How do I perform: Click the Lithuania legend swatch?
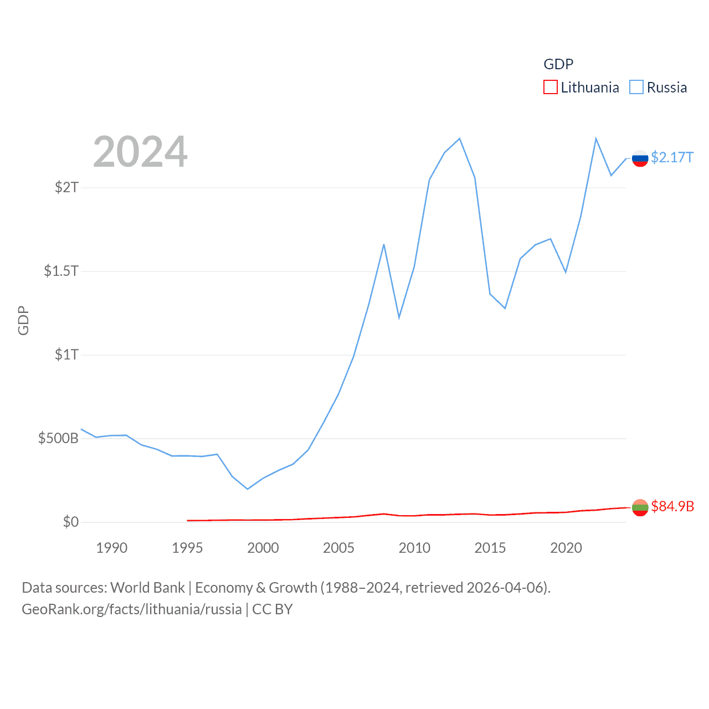pyautogui.click(x=550, y=88)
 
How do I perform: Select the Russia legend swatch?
pyautogui.click(x=636, y=88)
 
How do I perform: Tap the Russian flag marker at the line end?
pyautogui.click(x=640, y=158)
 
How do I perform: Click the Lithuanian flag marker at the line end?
pyautogui.click(x=640, y=507)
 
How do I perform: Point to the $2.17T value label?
pyautogui.click(x=672, y=158)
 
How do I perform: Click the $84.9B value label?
pyautogui.click(x=672, y=506)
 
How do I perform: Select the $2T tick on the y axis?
pyautogui.click(x=66, y=187)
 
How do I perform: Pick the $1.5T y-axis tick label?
pyautogui.click(x=61, y=271)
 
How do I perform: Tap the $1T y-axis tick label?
pyautogui.click(x=66, y=354)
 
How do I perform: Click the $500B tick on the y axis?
pyautogui.click(x=58, y=439)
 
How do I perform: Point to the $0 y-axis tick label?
pyautogui.click(x=70, y=522)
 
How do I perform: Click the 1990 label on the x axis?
pyautogui.click(x=111, y=548)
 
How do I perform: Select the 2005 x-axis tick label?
pyautogui.click(x=338, y=548)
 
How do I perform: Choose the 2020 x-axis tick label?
pyautogui.click(x=566, y=548)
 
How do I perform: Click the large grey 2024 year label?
pyautogui.click(x=140, y=152)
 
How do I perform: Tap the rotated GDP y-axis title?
pyautogui.click(x=23, y=320)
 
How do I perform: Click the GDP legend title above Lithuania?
pyautogui.click(x=558, y=64)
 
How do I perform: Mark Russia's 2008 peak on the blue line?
pyautogui.click(x=384, y=244)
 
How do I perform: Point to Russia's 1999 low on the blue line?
pyautogui.click(x=248, y=489)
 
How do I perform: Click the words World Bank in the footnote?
pyautogui.click(x=147, y=588)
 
